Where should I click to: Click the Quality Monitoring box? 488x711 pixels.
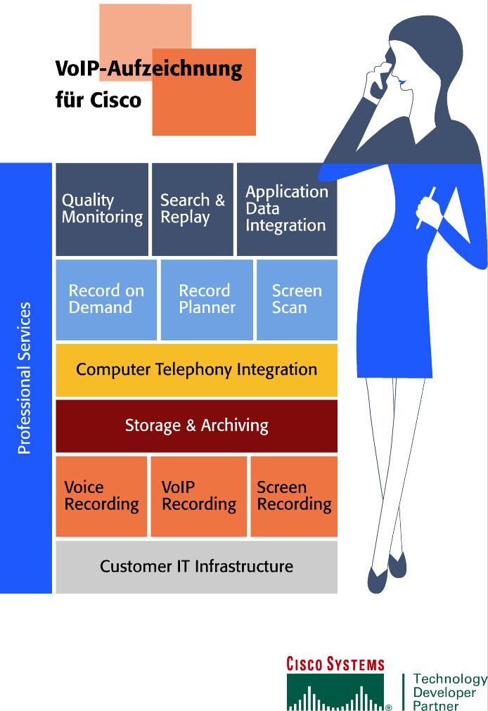pos(102,209)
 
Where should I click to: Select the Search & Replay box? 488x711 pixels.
pos(192,209)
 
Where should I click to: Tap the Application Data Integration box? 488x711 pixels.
pos(286,209)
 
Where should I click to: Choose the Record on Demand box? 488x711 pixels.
pos(106,300)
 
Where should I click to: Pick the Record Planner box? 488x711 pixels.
pos(207,300)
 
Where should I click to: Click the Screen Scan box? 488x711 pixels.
pos(297,300)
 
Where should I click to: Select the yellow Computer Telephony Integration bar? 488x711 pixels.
pos(196,370)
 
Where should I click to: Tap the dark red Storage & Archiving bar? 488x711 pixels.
pos(196,425)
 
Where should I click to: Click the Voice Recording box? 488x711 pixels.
pos(101,496)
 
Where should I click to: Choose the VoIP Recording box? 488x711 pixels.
pos(199,496)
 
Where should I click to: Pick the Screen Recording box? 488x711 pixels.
pos(294,496)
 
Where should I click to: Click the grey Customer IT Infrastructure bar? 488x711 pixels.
pos(196,566)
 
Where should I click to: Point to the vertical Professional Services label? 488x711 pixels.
pos(25,378)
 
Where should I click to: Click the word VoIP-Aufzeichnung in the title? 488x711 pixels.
pos(148,70)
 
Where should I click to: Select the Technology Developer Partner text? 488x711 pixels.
pos(449,692)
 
